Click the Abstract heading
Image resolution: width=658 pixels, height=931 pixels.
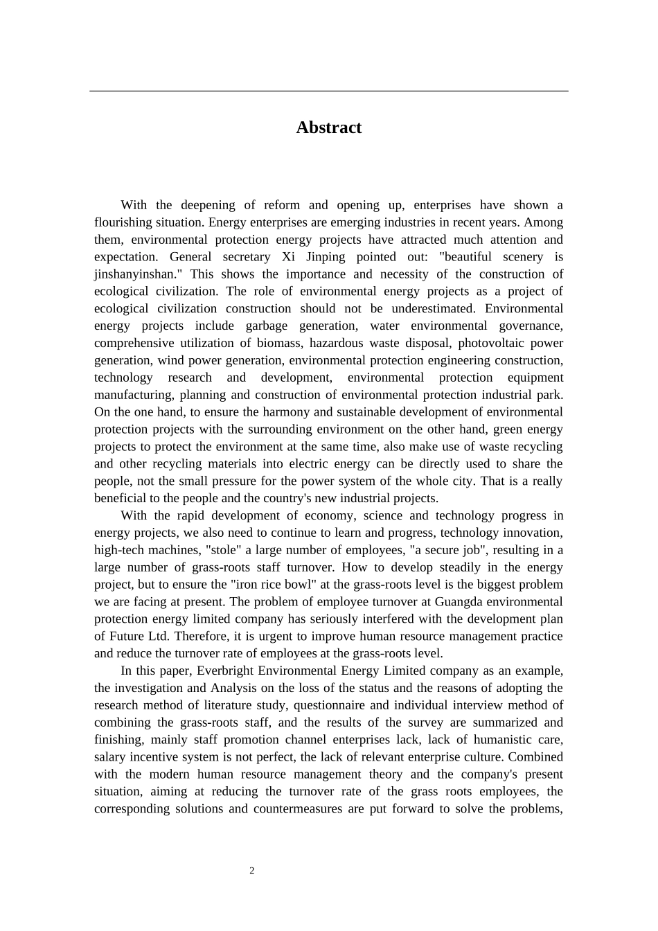pyautogui.click(x=328, y=127)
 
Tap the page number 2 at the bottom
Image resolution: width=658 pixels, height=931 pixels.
pyautogui.click(x=252, y=871)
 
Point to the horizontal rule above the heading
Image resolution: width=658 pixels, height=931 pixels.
pyautogui.click(x=328, y=91)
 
